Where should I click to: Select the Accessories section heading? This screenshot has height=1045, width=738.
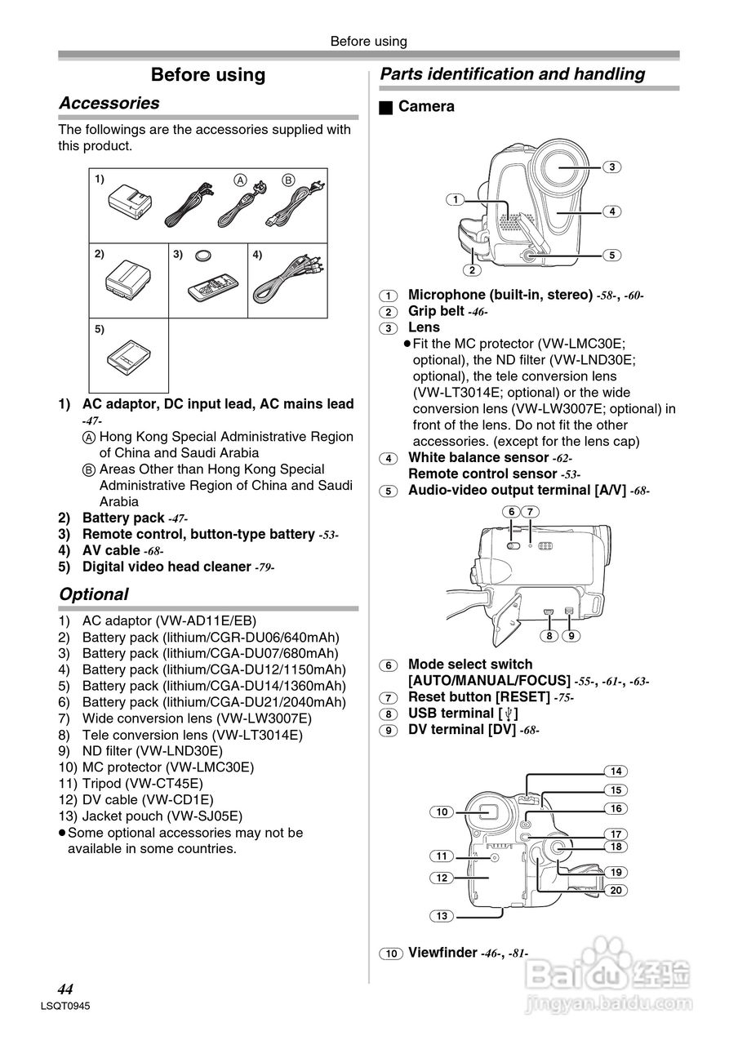pos(109,103)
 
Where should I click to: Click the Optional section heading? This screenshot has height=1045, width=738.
pos(94,594)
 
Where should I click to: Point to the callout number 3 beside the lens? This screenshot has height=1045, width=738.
pos(611,167)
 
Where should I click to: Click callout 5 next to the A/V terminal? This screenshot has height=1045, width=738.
pos(611,255)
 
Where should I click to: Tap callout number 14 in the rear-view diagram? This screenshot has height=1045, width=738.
pos(616,771)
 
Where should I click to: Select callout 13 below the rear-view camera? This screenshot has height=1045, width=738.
pos(442,916)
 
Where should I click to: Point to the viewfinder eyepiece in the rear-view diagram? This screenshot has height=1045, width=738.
pos(488,811)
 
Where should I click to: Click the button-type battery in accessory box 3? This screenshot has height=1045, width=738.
pos(204,256)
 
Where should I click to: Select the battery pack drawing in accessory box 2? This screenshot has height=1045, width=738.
pos(129,278)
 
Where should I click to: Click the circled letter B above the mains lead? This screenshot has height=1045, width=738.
pos(287,180)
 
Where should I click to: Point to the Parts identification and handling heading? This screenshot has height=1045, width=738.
pos(513,74)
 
